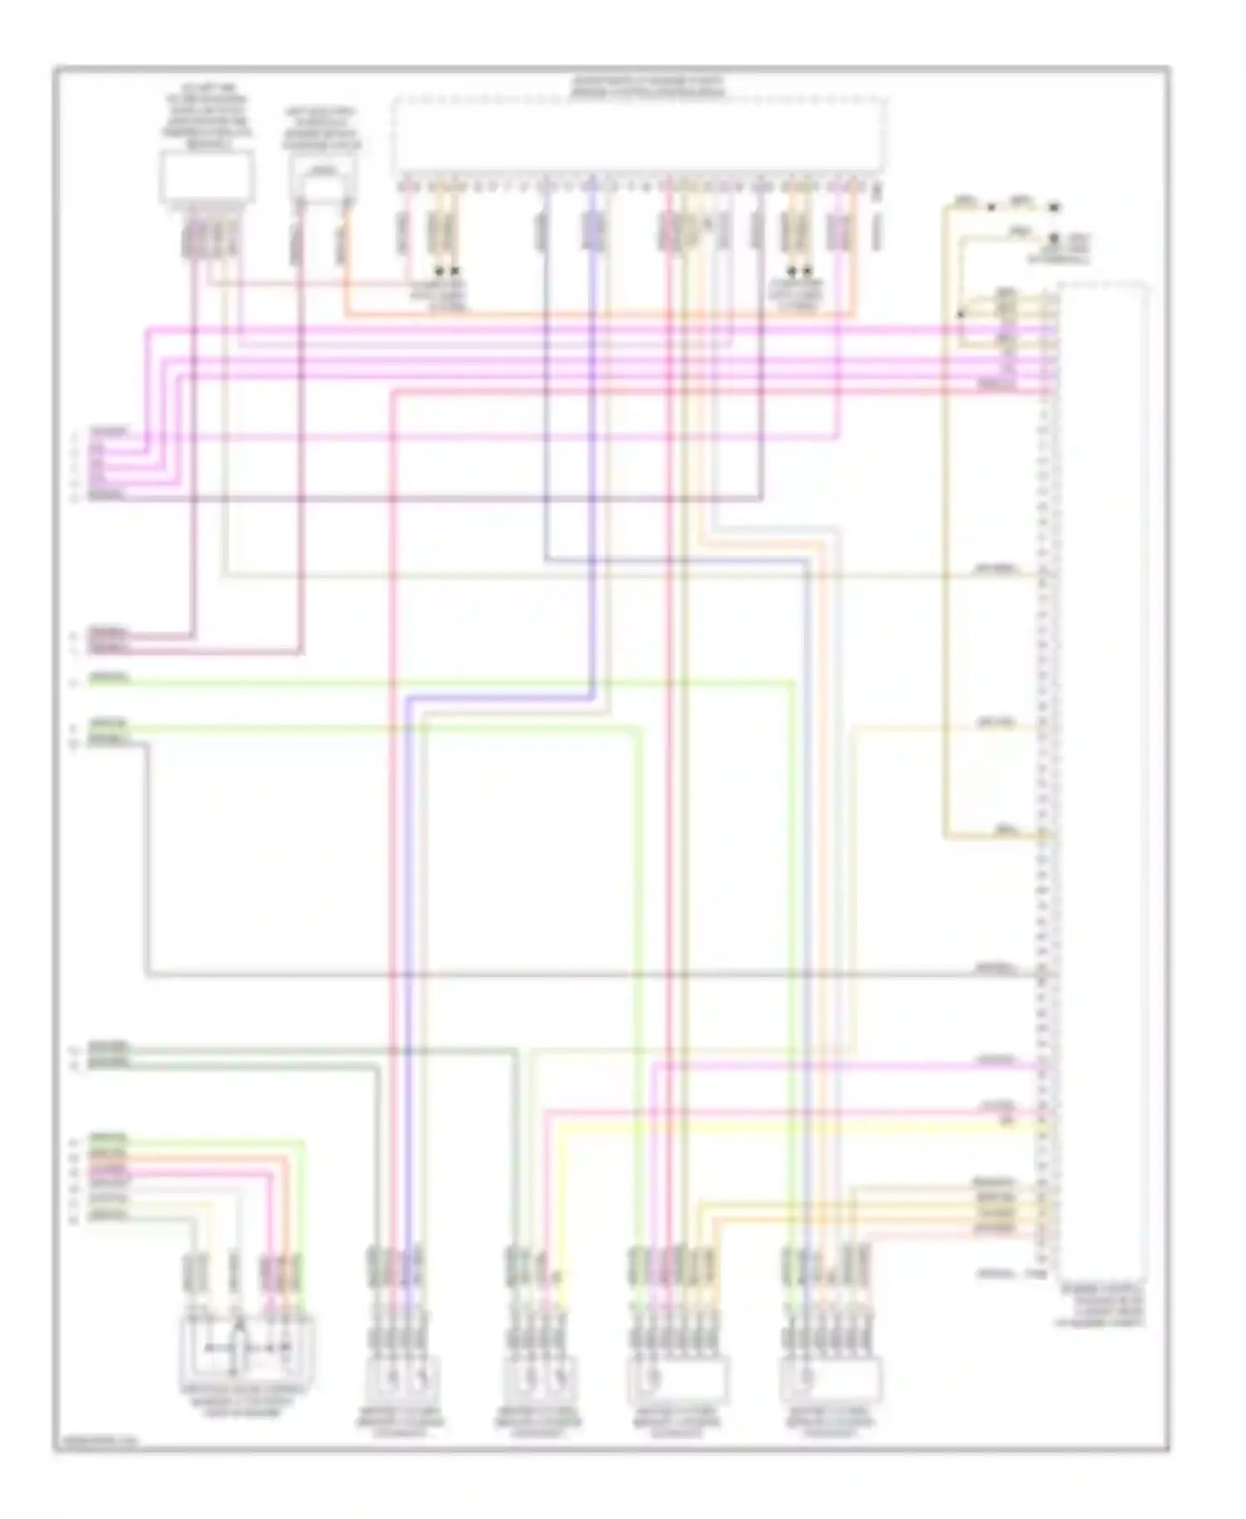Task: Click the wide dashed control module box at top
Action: pyautogui.click(x=640, y=133)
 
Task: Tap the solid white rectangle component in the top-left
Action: pyautogui.click(x=207, y=177)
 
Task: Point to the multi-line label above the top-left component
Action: pyautogui.click(x=207, y=116)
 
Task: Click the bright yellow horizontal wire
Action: pyautogui.click(x=797, y=1128)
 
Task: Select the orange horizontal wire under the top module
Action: pyautogui.click(x=598, y=314)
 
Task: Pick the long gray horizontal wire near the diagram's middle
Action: pyautogui.click(x=581, y=973)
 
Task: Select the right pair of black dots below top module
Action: pyautogui.click(x=798, y=271)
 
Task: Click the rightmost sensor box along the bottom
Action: pyautogui.click(x=830, y=1380)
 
